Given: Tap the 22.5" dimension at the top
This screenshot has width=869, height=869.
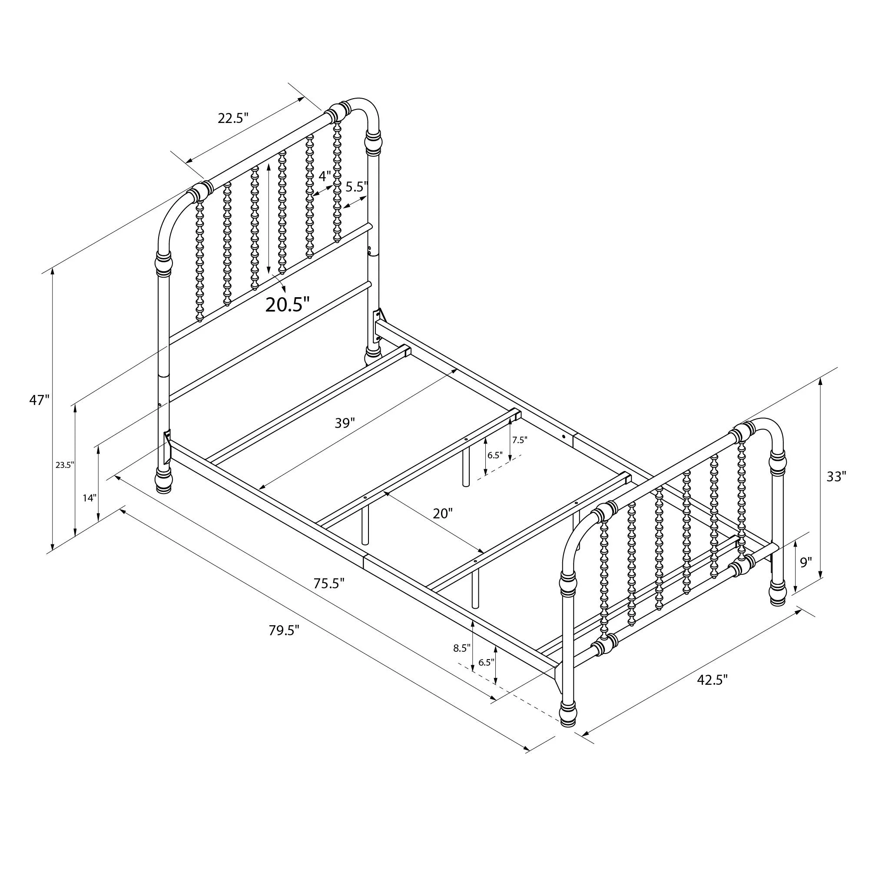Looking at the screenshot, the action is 233,118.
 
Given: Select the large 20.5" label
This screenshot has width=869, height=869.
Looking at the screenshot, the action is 287,305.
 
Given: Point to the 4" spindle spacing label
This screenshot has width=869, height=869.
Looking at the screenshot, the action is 325,176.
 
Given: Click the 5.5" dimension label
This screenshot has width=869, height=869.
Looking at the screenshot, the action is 357,186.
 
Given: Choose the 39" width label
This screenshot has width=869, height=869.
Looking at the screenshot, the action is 345,423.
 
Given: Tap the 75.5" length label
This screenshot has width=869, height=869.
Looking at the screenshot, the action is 329,584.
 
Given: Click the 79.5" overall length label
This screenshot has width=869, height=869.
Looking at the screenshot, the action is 284,630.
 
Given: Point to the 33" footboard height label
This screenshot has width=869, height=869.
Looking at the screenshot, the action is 836,476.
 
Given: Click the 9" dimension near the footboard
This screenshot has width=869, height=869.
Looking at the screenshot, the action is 806,562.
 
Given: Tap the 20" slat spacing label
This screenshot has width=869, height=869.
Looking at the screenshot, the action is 442,513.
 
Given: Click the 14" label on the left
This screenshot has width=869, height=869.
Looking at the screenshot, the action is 90,498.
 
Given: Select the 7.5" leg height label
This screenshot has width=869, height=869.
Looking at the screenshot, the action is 520,440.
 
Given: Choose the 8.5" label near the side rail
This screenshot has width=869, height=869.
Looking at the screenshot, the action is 462,648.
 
